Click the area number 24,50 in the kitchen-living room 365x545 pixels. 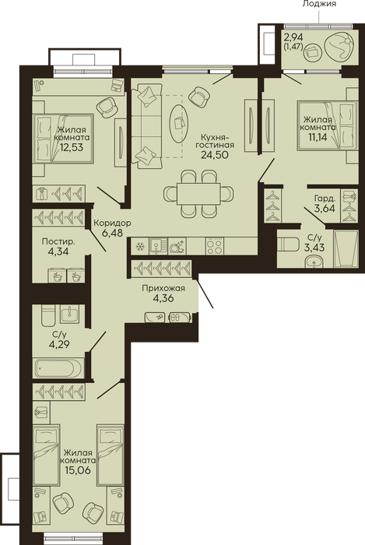(x=215, y=155)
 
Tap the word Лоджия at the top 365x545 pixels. (x=319, y=4)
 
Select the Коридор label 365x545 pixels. (x=113, y=223)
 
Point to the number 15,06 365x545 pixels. (x=78, y=470)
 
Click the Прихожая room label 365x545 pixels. (x=163, y=288)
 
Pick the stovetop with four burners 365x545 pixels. (x=214, y=247)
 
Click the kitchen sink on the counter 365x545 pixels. (x=158, y=247)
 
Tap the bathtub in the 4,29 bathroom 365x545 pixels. (x=59, y=368)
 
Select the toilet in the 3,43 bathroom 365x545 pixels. (x=288, y=244)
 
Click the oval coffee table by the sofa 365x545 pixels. (x=179, y=123)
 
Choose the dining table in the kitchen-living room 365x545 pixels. (x=198, y=194)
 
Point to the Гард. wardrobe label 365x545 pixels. (x=325, y=199)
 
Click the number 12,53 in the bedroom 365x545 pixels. (x=71, y=147)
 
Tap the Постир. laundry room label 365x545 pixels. (x=58, y=241)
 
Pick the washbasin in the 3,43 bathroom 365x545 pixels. (x=314, y=262)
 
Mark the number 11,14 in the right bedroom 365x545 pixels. (x=318, y=136)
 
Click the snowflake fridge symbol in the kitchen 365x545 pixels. (x=140, y=247)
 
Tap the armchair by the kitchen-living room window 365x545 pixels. (x=200, y=97)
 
